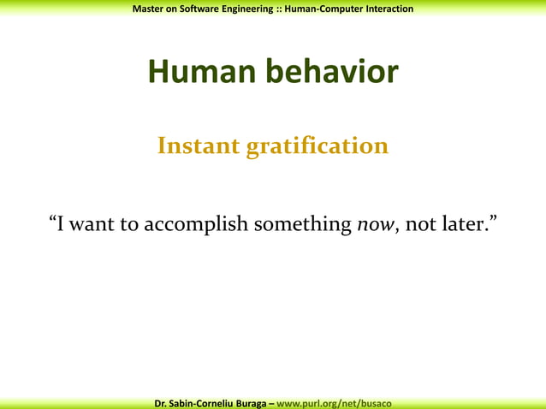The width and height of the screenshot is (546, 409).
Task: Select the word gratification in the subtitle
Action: (x=318, y=147)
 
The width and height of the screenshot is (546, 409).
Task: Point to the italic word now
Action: (x=373, y=225)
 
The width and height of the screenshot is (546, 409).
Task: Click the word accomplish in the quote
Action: (x=195, y=225)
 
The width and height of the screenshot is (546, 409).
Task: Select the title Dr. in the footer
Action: (x=161, y=402)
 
